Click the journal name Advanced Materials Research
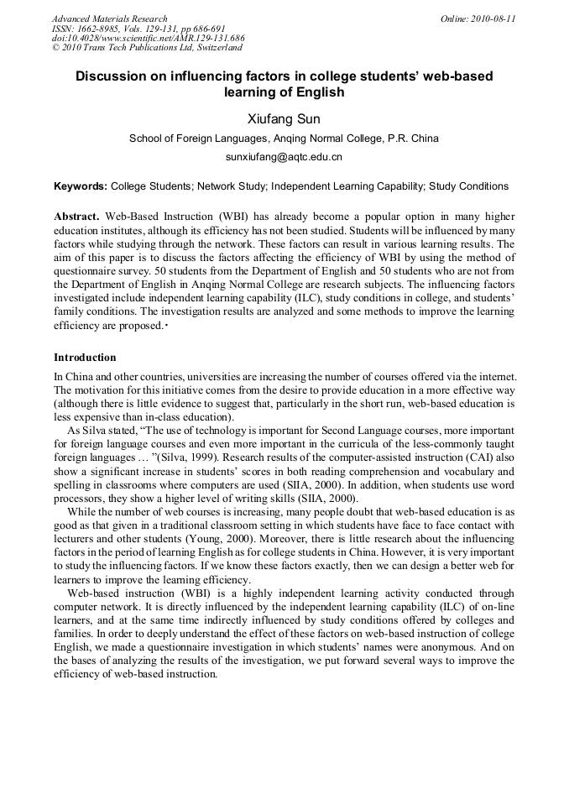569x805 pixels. [x=109, y=18]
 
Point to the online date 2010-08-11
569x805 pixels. [x=478, y=18]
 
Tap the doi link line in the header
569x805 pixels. [x=148, y=39]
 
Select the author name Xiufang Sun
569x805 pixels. [x=284, y=118]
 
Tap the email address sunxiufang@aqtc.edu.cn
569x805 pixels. [x=284, y=157]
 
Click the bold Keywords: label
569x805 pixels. [x=80, y=186]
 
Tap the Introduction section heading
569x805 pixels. [x=85, y=358]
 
